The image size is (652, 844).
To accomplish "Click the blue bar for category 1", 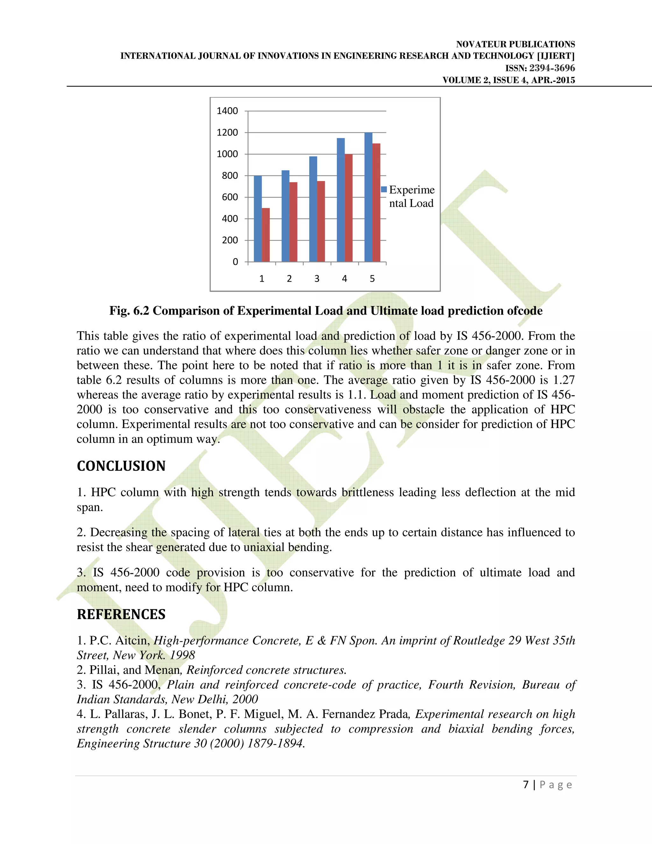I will point(258,219).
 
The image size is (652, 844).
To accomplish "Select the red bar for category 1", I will point(266,235).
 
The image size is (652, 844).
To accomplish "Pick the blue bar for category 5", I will point(368,197).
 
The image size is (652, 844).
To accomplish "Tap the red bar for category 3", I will point(321,221).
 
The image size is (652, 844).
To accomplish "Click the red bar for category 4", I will point(348,208).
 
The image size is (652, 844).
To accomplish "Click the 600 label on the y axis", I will point(230,197).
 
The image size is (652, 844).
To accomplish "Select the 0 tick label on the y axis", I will point(235,262).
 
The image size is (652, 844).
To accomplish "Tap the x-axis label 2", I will point(289,279).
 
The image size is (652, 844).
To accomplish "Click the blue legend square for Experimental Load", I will point(384,190).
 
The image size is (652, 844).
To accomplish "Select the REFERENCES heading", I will point(121,614).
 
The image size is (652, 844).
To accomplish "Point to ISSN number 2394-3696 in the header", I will point(552,68).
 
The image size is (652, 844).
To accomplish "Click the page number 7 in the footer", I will point(526,784).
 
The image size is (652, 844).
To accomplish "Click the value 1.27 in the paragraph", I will point(563,380).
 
